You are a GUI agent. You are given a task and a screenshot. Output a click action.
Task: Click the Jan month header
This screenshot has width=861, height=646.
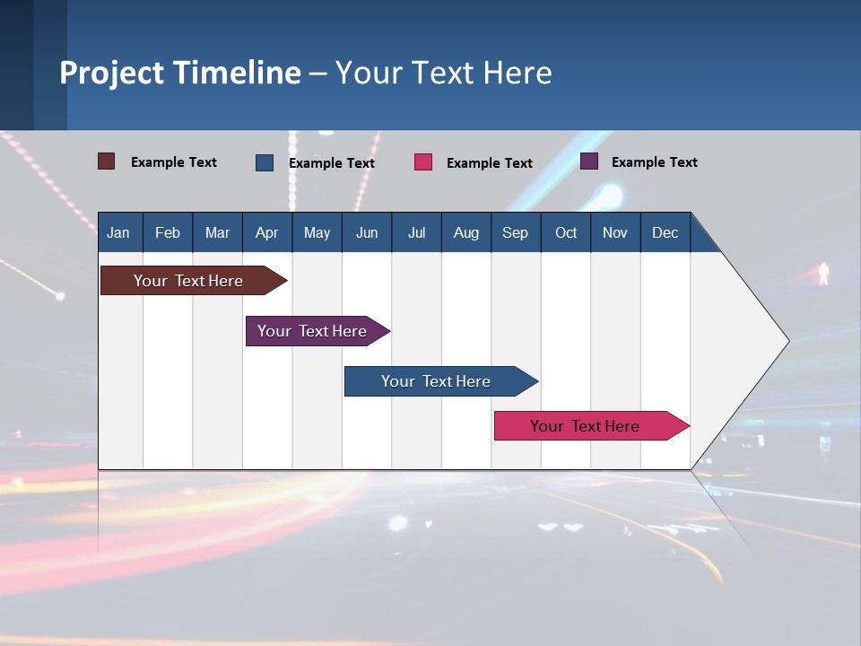118,232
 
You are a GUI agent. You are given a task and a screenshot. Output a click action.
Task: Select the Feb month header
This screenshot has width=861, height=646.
168,232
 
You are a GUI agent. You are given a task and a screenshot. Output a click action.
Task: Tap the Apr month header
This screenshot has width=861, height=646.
266,232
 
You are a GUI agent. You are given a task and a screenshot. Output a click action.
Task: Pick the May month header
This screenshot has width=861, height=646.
317,232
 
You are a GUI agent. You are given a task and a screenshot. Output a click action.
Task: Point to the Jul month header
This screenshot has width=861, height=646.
416,232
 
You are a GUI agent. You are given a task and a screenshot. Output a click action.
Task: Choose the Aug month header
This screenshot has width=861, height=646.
465,232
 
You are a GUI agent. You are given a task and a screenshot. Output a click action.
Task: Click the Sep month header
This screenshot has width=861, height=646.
515,232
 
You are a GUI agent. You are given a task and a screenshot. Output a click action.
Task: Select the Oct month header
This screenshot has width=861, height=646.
566,232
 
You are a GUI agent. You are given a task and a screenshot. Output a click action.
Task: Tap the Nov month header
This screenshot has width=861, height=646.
615,232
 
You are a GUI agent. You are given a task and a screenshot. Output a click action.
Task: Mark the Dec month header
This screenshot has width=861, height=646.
665,232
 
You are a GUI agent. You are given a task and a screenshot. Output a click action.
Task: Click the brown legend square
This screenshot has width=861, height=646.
106,161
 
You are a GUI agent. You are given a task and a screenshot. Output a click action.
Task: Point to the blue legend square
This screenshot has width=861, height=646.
265,162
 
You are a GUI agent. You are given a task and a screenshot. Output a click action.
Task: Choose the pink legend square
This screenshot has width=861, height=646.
423,162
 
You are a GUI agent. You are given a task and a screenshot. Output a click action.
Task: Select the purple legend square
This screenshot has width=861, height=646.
589,161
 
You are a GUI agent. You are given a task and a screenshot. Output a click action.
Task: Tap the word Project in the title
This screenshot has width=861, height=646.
112,72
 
